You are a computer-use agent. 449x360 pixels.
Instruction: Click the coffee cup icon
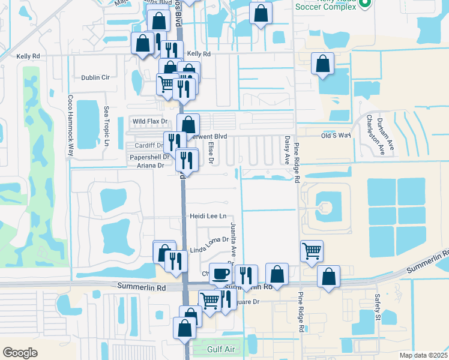[x=220, y=274]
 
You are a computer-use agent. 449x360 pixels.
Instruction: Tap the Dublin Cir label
[x=95, y=77]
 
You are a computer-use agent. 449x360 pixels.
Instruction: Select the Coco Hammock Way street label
[x=70, y=126]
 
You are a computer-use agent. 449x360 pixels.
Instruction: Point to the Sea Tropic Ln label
[x=106, y=127]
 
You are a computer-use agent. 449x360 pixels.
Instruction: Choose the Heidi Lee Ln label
[x=208, y=216]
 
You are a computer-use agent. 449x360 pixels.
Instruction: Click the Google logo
[x=20, y=352]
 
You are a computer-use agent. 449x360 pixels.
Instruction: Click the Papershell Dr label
[x=147, y=157]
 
